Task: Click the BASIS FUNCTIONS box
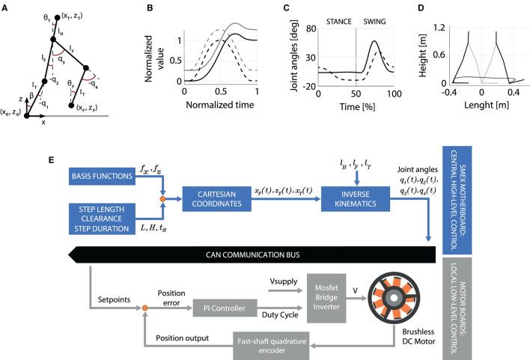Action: click(102, 176)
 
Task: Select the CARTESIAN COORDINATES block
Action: click(216, 199)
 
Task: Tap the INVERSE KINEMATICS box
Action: click(356, 199)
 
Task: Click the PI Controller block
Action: click(225, 308)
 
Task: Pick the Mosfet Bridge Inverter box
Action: click(326, 298)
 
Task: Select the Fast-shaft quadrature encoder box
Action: click(272, 346)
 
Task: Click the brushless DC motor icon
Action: click(394, 298)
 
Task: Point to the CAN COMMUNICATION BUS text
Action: click(253, 254)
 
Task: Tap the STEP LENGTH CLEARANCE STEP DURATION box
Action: click(102, 219)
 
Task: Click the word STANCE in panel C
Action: click(338, 22)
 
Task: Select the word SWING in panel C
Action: click(374, 22)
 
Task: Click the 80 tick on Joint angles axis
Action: click(311, 28)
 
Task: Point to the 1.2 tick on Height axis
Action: click(439, 28)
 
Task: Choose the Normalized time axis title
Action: click(220, 105)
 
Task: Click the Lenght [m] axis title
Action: click(487, 105)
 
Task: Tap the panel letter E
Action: click(51, 159)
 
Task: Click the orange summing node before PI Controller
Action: click(144, 308)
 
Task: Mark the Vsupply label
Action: click(284, 281)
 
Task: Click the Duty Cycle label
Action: click(280, 314)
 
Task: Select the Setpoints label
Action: click(114, 300)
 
